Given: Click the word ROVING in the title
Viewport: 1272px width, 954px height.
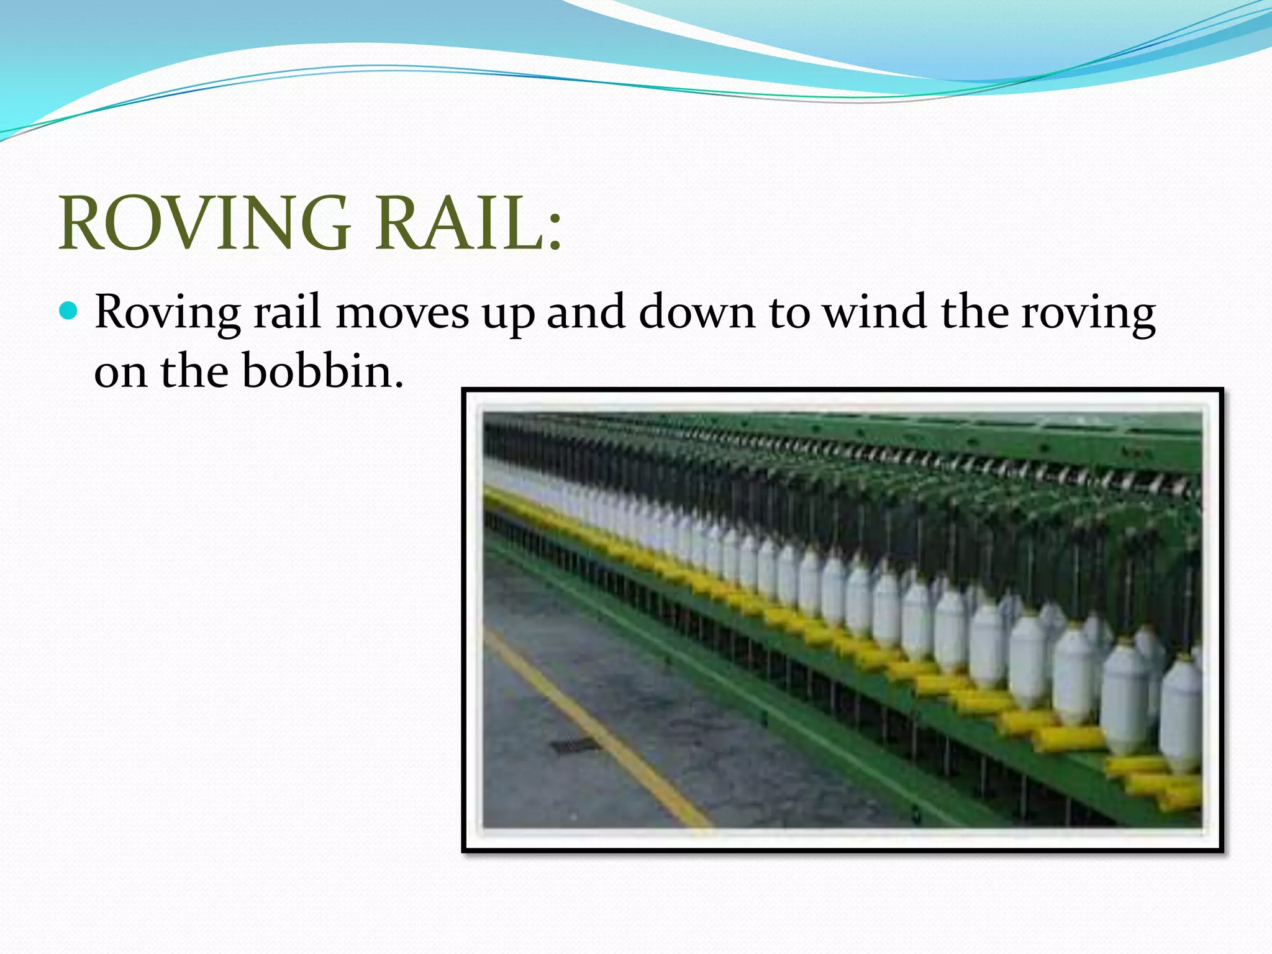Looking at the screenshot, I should (206, 224).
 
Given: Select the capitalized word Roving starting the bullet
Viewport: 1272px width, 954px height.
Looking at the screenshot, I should (168, 312).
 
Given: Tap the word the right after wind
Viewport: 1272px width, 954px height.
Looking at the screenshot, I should (974, 312).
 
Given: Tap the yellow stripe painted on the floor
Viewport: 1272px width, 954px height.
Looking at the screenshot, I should (596, 727).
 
